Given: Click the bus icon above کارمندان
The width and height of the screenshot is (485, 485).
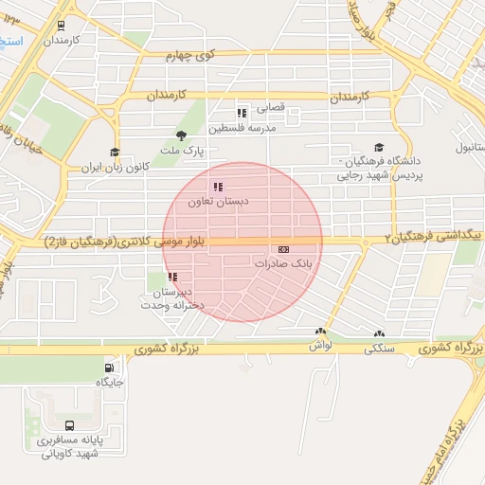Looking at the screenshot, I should [62, 27].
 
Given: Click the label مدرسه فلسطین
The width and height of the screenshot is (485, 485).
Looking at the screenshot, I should [242, 127].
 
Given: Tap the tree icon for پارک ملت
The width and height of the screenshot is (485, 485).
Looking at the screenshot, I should [181, 135].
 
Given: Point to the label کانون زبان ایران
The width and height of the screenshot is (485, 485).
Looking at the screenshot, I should [117, 167].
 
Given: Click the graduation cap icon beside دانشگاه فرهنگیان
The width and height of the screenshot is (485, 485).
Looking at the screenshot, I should [379, 147].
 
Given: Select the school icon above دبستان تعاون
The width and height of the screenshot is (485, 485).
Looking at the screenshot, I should [218, 187].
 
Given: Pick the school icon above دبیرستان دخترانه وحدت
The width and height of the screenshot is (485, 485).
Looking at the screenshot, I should [172, 277].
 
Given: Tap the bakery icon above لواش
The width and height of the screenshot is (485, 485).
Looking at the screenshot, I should [320, 332].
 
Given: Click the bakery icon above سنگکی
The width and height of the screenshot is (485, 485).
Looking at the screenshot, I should [380, 333].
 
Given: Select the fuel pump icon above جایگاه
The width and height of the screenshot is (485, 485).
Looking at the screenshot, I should [110, 368].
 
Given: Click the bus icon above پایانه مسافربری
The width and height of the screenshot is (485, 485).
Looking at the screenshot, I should [70, 426].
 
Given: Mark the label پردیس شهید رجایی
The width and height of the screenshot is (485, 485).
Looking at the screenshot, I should [378, 176].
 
